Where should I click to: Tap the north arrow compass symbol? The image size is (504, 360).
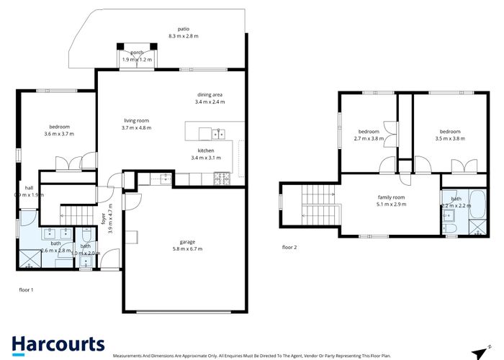[x=477, y=352]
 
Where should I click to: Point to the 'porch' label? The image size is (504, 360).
[x=137, y=53]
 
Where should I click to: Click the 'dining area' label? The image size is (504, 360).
[x=210, y=94]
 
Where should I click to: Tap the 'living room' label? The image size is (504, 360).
[x=136, y=120]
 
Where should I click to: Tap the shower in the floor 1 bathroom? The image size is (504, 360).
[x=29, y=257]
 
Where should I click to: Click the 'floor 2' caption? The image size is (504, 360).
[x=289, y=247]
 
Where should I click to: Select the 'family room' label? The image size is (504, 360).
[x=392, y=197]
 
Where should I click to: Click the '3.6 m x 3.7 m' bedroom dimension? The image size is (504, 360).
[x=59, y=134]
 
